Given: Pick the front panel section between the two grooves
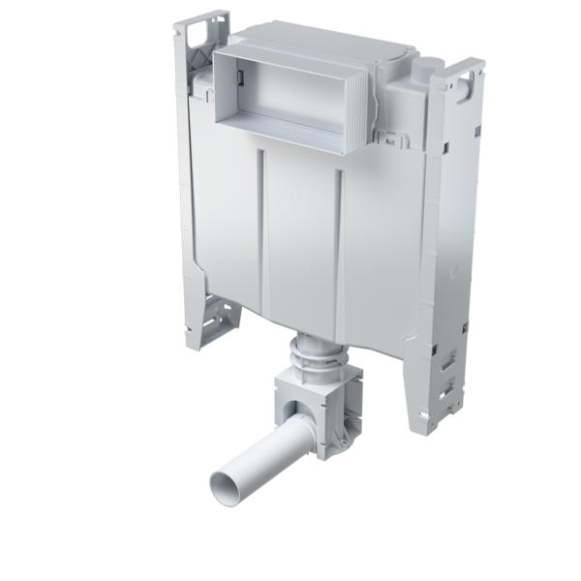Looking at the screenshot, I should pyautogui.click(x=303, y=242).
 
